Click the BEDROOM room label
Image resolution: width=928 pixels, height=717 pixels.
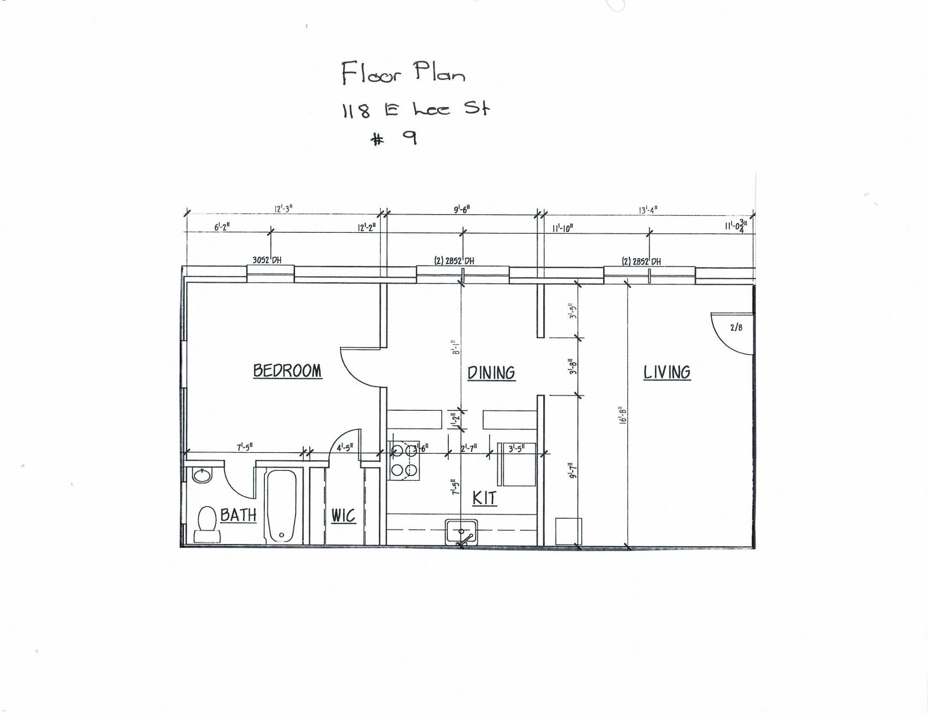[287, 371]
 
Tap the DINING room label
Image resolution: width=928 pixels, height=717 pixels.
[491, 373]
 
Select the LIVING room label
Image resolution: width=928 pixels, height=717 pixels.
[666, 372]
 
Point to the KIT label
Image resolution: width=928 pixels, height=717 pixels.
[484, 498]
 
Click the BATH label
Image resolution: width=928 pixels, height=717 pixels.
[238, 515]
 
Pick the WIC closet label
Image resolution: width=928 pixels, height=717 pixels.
[343, 517]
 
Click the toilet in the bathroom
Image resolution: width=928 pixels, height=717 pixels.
[207, 523]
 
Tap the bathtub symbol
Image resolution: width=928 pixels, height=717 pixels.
[281, 505]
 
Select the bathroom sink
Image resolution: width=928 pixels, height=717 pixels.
[202, 475]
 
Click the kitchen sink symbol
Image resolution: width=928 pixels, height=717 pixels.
[461, 531]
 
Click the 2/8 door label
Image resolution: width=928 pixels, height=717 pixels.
[736, 327]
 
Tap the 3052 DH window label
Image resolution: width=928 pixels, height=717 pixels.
[267, 260]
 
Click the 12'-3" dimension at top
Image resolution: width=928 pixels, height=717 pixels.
[283, 209]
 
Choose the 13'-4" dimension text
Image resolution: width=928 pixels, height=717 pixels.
[648, 210]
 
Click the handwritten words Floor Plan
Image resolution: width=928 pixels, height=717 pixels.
[403, 73]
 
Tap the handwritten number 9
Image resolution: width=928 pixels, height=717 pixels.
[410, 138]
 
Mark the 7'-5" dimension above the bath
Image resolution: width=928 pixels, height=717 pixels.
[245, 447]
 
